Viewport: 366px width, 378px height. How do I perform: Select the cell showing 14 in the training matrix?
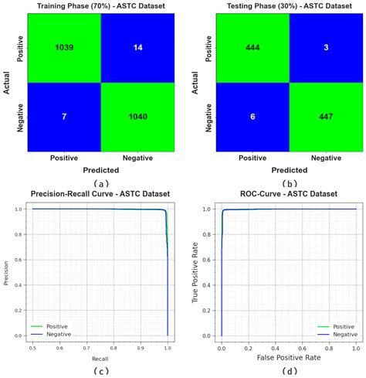click(137, 47)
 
